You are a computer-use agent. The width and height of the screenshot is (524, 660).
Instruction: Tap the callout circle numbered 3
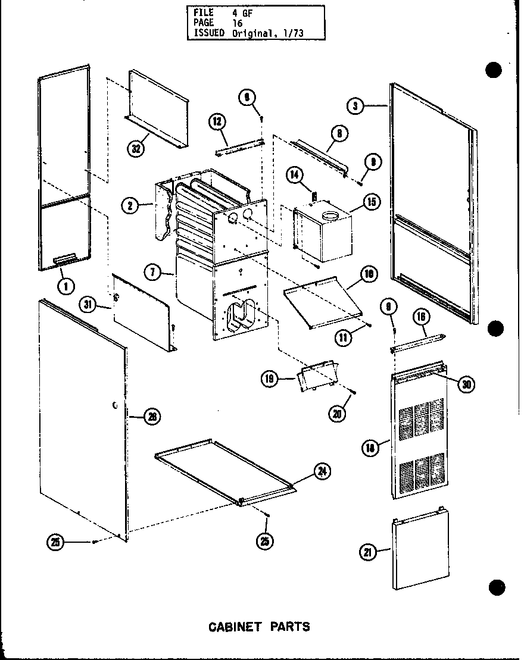(x=355, y=106)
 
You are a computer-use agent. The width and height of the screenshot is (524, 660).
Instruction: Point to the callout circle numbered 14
(x=294, y=175)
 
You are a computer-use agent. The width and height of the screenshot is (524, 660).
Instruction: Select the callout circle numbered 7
(x=152, y=273)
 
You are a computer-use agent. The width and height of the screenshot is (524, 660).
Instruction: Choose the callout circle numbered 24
(x=322, y=471)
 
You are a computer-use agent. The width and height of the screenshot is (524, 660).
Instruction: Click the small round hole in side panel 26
(x=113, y=405)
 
